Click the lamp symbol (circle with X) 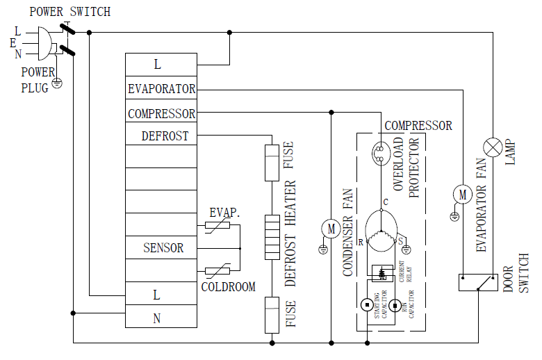493,147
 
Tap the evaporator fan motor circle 462,195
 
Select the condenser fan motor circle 331,227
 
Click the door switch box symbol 477,282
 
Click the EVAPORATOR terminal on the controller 161,89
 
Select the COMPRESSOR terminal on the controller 161,113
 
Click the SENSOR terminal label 163,247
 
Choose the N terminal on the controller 157,318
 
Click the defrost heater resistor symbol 272,237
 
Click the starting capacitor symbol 366,304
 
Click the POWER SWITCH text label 69,12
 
